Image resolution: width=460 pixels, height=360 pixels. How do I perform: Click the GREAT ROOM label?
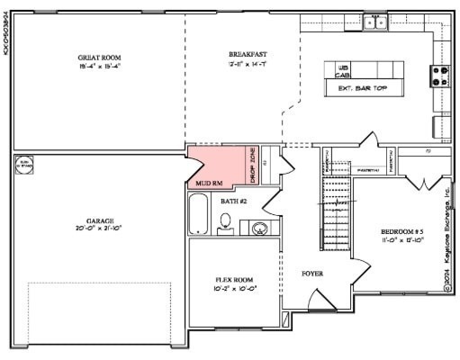pyautogui.click(x=100, y=58)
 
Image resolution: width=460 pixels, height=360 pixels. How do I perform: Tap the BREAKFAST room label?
pyautogui.click(x=248, y=55)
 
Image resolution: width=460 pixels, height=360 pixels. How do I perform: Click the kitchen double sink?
pyautogui.click(x=375, y=22)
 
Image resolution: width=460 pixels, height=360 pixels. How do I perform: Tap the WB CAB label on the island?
pyautogui.click(x=343, y=71)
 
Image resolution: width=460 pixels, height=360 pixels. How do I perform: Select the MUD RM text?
pyautogui.click(x=209, y=183)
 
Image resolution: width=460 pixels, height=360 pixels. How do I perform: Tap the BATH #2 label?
pyautogui.click(x=233, y=202)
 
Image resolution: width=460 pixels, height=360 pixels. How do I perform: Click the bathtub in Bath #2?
pyautogui.click(x=200, y=216)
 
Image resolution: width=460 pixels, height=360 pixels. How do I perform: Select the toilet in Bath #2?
pyautogui.click(x=225, y=222)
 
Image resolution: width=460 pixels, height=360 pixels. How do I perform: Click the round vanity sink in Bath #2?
pyautogui.click(x=260, y=228)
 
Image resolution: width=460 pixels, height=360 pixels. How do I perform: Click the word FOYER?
pyautogui.click(x=312, y=273)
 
